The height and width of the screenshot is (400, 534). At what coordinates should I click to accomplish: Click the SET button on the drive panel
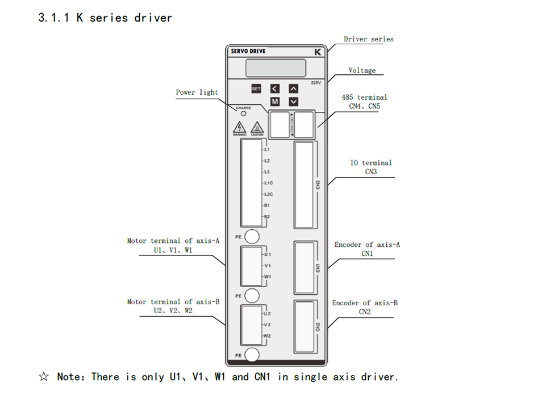tap(256, 89)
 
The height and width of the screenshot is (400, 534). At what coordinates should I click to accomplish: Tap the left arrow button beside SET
tap(275, 89)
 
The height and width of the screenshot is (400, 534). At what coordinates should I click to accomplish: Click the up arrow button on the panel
tap(293, 89)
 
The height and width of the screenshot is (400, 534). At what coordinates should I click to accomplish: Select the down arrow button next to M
tap(293, 102)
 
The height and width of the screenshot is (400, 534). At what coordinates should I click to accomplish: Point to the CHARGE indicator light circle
tap(244, 113)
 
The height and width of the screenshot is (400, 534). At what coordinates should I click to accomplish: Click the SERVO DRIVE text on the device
tap(248, 51)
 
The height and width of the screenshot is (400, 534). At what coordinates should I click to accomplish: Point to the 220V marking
tap(316, 83)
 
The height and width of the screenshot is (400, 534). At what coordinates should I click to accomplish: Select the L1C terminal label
tap(269, 183)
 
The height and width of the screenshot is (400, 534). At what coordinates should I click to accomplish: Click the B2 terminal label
tap(267, 217)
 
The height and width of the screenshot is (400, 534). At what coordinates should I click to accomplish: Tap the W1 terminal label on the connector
tap(268, 277)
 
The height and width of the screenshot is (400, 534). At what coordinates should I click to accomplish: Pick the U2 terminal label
tap(268, 313)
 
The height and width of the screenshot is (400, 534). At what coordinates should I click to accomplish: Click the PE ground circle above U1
tap(252, 236)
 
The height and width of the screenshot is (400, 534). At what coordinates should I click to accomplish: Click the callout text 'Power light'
tap(197, 92)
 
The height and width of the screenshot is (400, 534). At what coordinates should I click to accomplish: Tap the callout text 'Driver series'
tap(368, 39)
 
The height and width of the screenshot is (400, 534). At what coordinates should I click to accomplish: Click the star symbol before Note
tap(44, 377)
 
